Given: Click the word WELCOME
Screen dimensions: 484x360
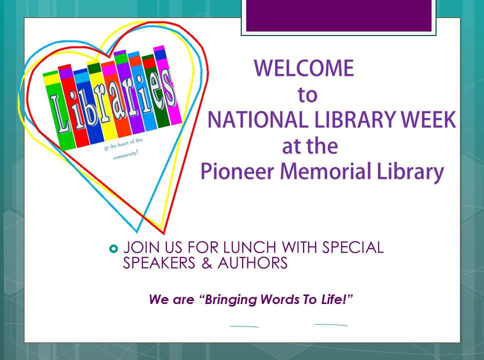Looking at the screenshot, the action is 304,68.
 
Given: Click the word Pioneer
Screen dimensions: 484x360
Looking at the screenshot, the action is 237,172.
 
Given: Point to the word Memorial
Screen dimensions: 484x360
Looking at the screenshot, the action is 326,171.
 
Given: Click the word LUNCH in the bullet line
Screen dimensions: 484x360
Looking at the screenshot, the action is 249,247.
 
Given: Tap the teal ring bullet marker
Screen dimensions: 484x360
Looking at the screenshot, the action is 113,248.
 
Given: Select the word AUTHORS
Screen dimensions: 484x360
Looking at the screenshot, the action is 253,263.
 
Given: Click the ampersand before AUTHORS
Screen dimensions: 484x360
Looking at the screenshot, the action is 207,263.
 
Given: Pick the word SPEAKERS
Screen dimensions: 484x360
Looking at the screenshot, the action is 159,263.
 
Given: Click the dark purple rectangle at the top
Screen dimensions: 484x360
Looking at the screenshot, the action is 339,15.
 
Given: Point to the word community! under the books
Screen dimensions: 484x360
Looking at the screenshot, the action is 126,155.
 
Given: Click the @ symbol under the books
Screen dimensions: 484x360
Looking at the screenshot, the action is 106,148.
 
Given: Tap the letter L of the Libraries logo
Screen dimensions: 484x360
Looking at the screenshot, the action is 59,114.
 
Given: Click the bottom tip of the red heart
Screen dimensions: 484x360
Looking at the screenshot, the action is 164,233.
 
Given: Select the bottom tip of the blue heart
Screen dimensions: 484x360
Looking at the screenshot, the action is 137,232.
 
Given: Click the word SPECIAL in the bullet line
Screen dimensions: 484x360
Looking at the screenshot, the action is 353,247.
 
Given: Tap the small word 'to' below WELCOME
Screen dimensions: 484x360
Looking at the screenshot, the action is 308,95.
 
